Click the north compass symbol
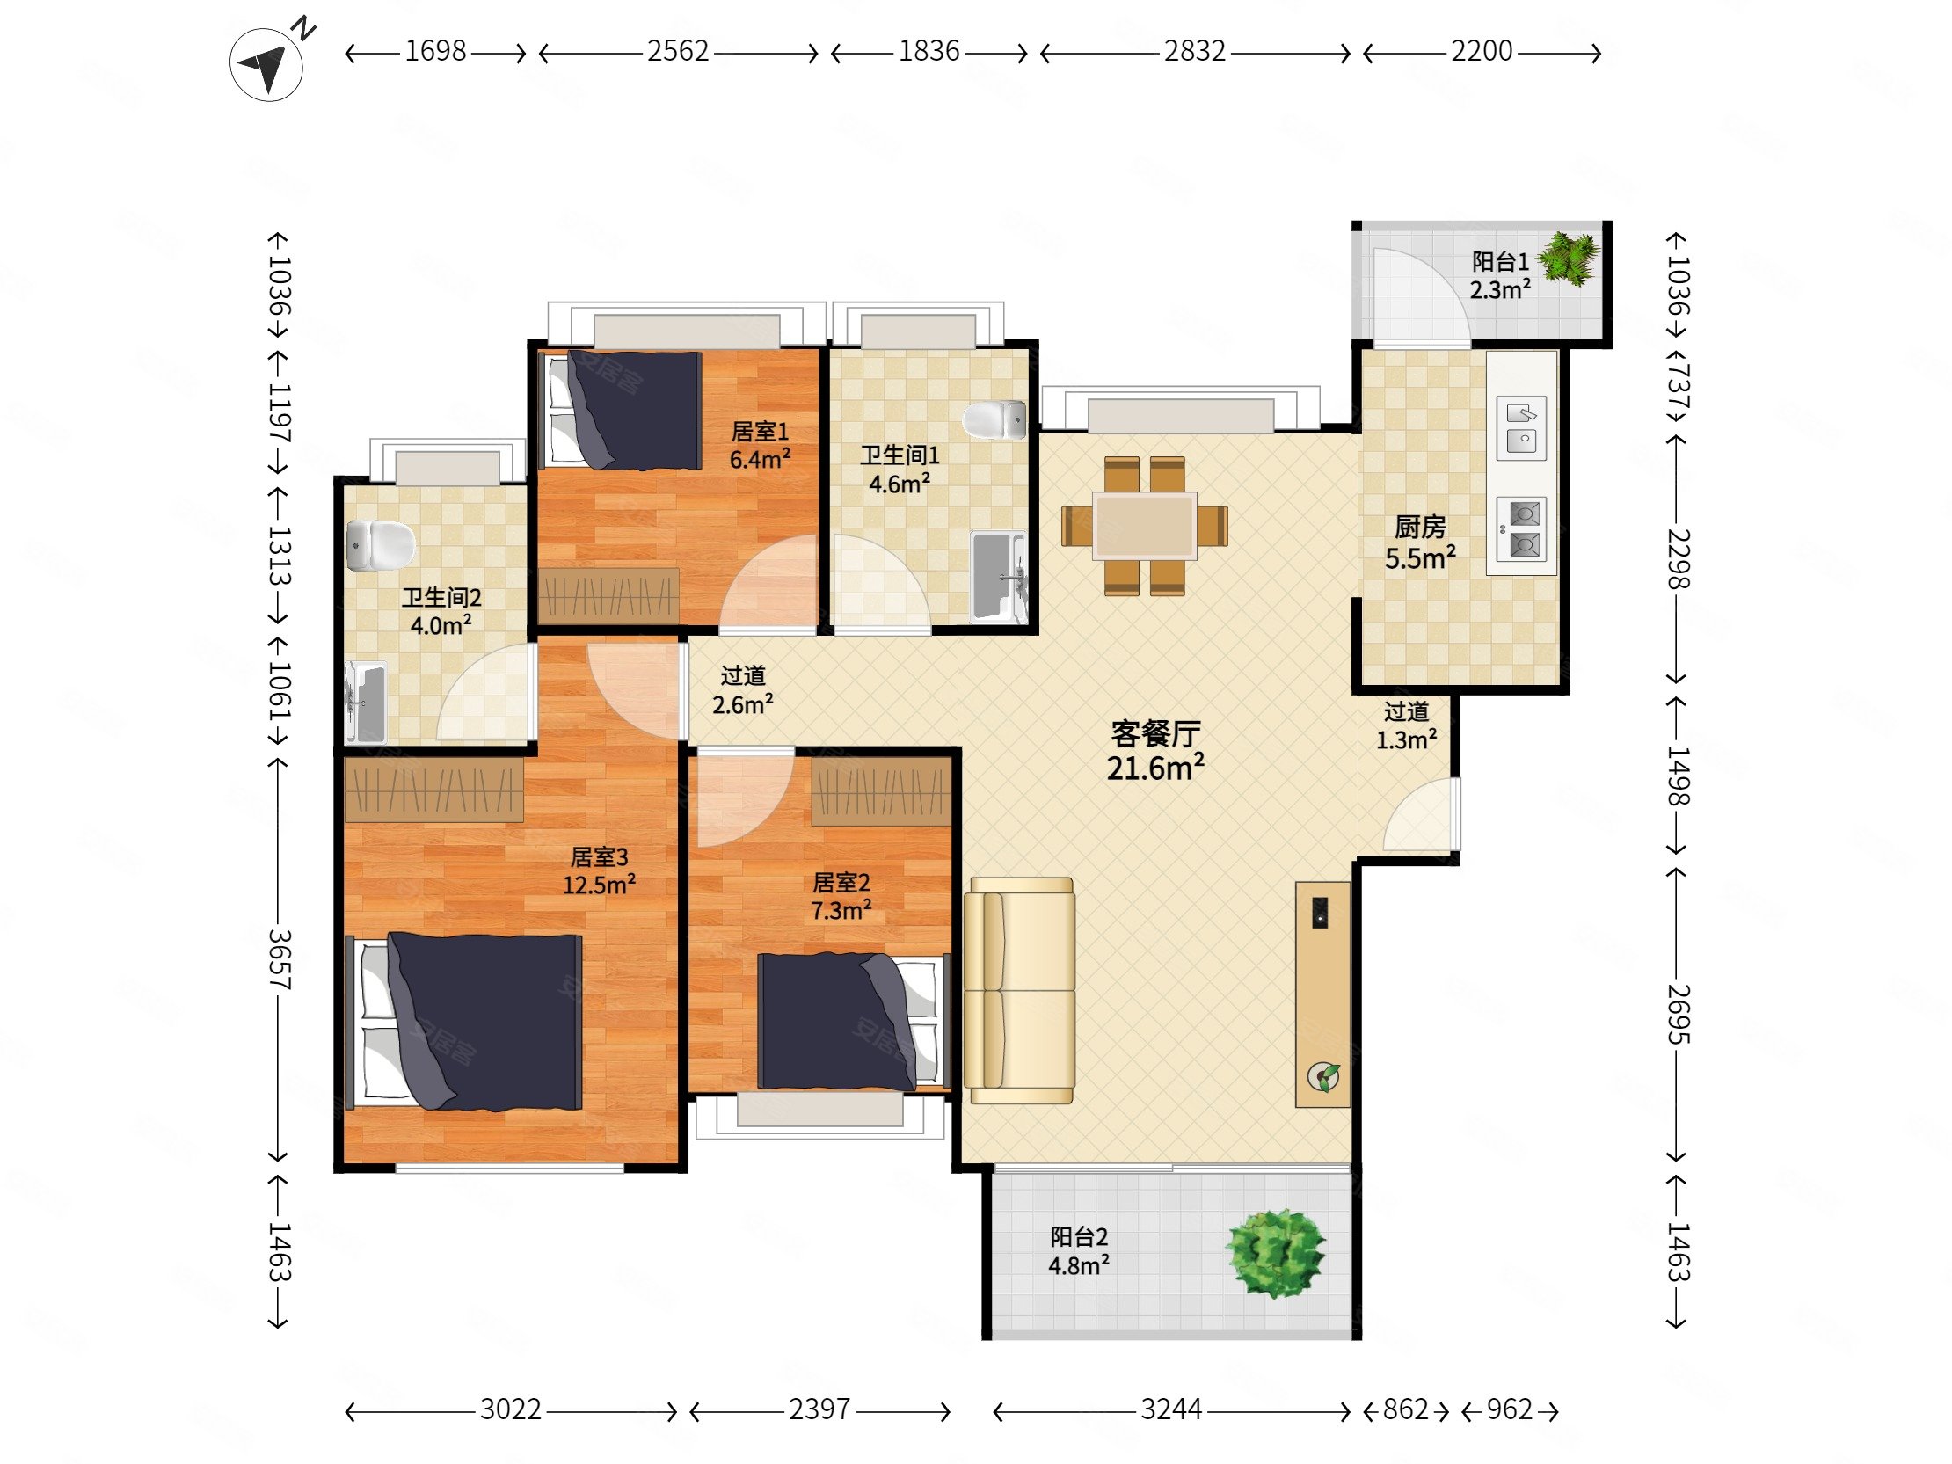click(266, 64)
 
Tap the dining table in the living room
click(1145, 526)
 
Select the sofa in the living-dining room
click(1019, 990)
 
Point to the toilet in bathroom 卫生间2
click(381, 545)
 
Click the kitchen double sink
click(1521, 428)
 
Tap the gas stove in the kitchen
click(1522, 529)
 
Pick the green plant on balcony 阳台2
click(1276, 1252)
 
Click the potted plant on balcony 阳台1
click(1569, 258)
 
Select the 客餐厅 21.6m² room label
click(1155, 751)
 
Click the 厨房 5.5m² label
click(1420, 542)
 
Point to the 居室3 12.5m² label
click(599, 870)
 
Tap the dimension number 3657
click(279, 959)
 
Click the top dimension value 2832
click(1195, 51)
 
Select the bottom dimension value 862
click(1405, 1409)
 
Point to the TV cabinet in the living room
click(1322, 994)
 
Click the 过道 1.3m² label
click(1406, 725)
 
